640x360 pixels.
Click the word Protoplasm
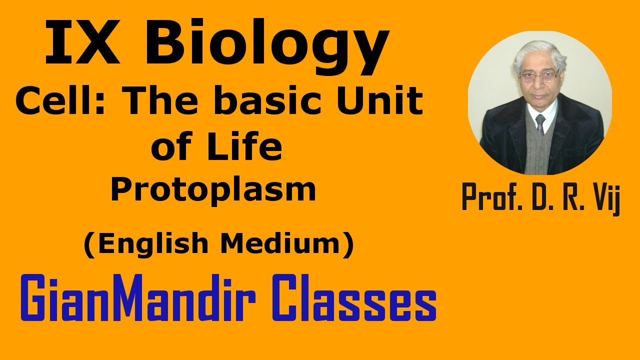pyautogui.click(x=213, y=190)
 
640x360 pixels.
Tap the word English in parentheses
pyautogui.click(x=150, y=244)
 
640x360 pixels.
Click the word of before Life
pyautogui.click(x=169, y=147)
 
